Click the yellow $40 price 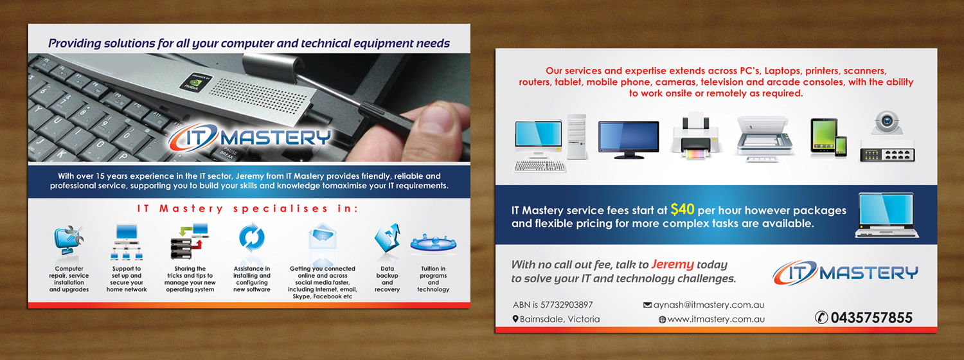click(x=682, y=209)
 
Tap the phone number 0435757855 click(x=871, y=318)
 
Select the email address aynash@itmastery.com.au click(x=709, y=305)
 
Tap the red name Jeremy click(x=672, y=264)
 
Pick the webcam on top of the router click(x=887, y=122)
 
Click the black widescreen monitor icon click(x=628, y=139)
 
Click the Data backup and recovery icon click(x=387, y=240)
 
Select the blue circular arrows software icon click(x=251, y=239)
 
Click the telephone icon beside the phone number click(x=821, y=318)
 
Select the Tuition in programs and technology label click(x=433, y=279)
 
